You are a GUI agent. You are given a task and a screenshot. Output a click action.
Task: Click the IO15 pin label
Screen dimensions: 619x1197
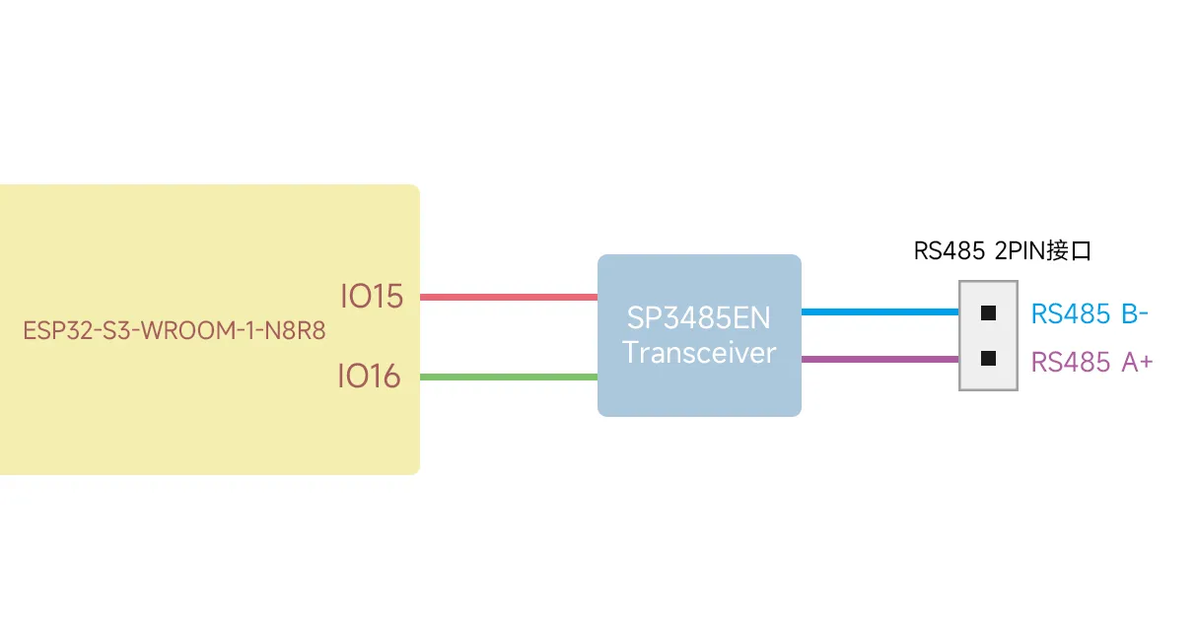(x=372, y=297)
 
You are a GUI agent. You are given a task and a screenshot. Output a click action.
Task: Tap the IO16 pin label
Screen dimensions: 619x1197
(x=369, y=377)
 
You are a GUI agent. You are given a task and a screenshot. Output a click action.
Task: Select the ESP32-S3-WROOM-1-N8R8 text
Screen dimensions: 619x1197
(x=174, y=329)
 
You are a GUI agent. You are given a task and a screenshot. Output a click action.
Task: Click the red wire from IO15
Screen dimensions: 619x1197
(x=509, y=297)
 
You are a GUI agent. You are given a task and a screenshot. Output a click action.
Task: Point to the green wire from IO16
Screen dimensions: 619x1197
(x=509, y=377)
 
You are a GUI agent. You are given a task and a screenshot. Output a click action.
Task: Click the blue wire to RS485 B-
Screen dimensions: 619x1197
(x=880, y=312)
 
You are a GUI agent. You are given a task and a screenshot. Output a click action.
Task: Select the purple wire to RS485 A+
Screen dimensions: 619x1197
(x=880, y=360)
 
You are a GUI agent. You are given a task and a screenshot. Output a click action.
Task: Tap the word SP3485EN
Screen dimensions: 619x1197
(x=698, y=319)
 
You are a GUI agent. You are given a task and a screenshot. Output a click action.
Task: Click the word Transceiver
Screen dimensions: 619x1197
(x=698, y=353)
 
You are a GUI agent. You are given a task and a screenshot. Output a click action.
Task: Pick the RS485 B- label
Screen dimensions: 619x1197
(x=1089, y=314)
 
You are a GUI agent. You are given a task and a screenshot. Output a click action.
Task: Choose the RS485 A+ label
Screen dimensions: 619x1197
(x=1091, y=362)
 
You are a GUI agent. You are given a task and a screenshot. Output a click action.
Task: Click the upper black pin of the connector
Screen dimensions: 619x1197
(x=988, y=313)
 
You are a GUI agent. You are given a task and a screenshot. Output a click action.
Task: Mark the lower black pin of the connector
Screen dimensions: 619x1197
(x=988, y=358)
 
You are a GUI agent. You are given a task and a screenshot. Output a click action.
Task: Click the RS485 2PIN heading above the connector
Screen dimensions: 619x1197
(x=976, y=250)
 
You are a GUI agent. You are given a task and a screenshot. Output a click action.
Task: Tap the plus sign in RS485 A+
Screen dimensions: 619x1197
(x=1144, y=363)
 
